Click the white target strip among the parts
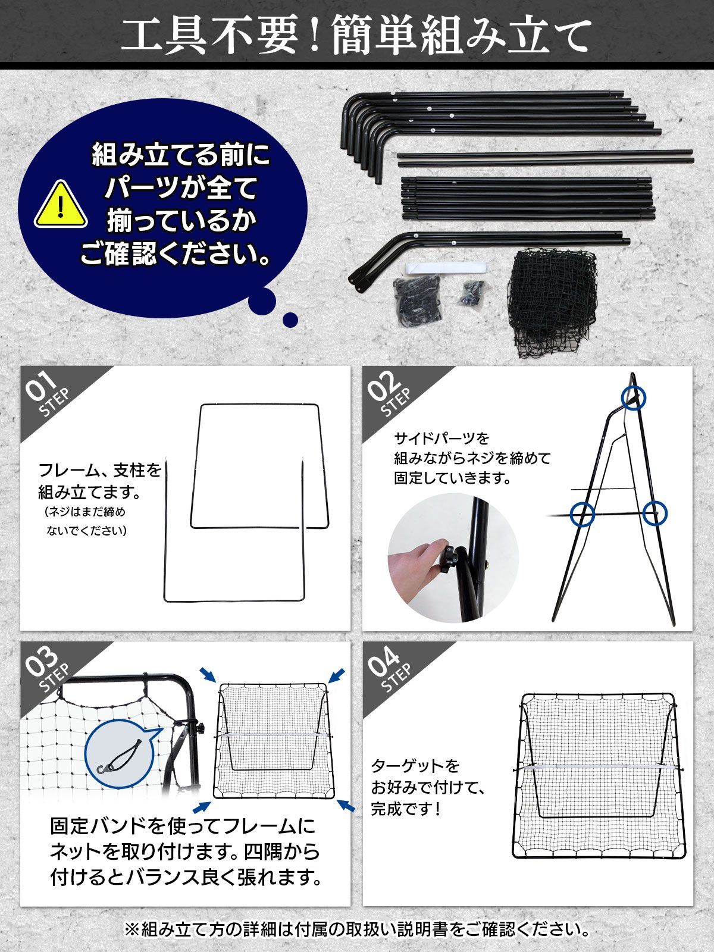[443, 267]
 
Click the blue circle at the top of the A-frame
[633, 397]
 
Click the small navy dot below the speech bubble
[290, 320]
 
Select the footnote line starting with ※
[357, 928]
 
